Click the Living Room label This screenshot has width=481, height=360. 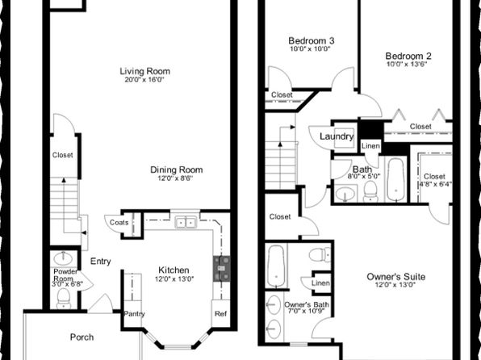click(x=144, y=71)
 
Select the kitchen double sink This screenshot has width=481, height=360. click(x=186, y=222)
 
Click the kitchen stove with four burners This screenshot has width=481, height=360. click(x=221, y=269)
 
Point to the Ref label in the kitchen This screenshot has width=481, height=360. click(x=221, y=314)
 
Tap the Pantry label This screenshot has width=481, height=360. click(x=134, y=314)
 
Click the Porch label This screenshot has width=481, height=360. click(x=82, y=337)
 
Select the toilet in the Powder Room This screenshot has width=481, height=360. click(x=64, y=299)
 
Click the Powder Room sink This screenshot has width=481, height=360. click(x=63, y=258)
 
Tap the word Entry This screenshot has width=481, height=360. click(x=101, y=262)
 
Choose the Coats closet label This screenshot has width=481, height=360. click(x=119, y=223)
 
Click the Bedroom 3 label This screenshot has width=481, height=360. click(x=311, y=40)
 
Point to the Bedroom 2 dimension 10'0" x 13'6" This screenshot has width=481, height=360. click(x=407, y=64)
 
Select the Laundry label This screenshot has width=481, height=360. click(x=337, y=136)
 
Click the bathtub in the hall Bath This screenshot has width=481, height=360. click(x=395, y=179)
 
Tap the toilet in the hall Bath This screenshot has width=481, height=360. click(x=370, y=191)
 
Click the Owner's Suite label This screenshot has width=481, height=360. click(x=396, y=277)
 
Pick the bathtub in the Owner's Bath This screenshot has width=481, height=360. click(x=276, y=266)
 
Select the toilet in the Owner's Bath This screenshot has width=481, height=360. click(x=320, y=254)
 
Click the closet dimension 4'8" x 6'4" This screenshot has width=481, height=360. click(x=435, y=184)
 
